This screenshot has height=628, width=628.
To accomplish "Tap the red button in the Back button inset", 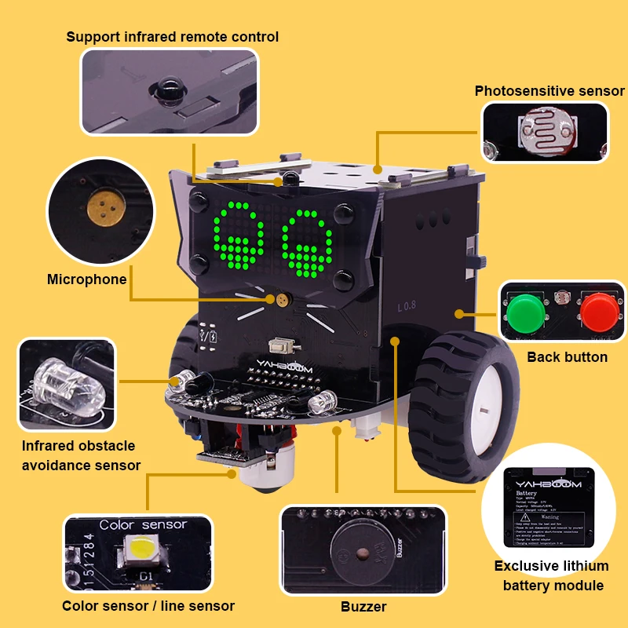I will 599,312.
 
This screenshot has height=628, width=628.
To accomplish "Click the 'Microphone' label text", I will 86,279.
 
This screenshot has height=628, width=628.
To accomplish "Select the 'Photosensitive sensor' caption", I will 549,91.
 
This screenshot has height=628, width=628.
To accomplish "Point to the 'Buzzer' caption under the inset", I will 363,607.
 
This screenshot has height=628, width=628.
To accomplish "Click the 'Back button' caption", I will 567,357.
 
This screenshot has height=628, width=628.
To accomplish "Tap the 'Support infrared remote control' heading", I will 172,37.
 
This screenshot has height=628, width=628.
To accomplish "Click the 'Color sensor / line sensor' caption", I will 148,606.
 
